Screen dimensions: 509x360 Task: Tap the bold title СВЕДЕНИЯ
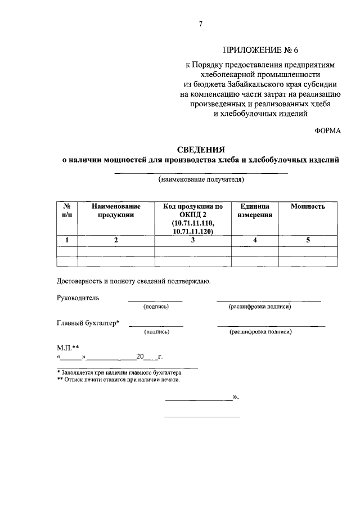coord(201,150)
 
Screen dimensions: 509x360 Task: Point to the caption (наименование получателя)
coord(201,181)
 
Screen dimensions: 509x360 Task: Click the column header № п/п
coord(67,210)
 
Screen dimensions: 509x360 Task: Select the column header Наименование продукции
coord(116,210)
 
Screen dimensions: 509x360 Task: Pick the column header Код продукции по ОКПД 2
coord(193,210)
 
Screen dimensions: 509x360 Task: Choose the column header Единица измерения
coord(254,210)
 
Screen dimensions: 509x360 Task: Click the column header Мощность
coord(308,206)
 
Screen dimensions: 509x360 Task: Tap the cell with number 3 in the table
coord(193,240)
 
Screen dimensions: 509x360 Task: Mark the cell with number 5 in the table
coord(308,240)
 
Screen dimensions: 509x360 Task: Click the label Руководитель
coord(78,298)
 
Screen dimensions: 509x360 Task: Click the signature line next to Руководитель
coord(155,301)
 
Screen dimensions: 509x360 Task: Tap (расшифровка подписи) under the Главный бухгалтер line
coord(260,332)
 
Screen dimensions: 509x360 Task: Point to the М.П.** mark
coord(67,348)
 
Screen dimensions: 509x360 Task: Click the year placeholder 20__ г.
coord(148,357)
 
